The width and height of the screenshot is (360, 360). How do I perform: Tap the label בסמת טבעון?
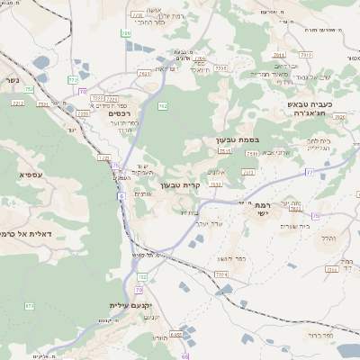[237, 140]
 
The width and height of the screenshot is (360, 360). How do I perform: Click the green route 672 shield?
[30, 306]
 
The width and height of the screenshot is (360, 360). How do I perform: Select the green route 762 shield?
[163, 106]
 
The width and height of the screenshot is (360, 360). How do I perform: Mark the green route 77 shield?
[310, 170]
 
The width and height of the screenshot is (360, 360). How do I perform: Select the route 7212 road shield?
[18, 104]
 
